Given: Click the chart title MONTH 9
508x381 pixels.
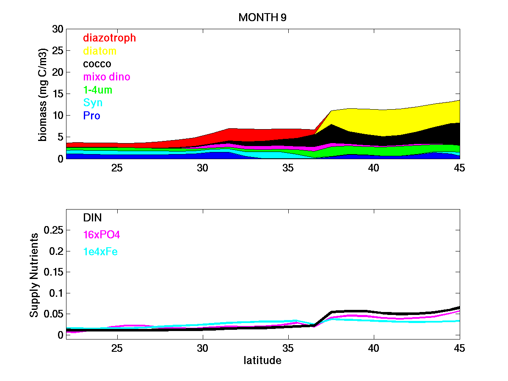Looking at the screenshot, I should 262,17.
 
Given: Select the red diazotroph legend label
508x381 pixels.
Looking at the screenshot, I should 109,38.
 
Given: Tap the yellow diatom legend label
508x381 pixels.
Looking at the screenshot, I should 99,51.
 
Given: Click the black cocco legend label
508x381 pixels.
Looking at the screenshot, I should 97,64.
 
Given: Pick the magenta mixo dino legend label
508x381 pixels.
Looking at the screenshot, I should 107,77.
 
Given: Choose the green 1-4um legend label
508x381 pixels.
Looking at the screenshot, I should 98,90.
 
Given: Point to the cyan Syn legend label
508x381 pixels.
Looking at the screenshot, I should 93,103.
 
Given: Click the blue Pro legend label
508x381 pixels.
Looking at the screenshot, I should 91,116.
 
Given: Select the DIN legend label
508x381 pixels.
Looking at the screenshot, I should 92,218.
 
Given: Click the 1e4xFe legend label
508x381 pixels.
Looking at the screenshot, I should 100,252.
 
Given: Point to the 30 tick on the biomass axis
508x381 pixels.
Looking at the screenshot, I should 58,29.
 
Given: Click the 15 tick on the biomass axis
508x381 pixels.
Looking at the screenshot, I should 58,94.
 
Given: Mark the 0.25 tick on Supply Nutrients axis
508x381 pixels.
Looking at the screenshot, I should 55,230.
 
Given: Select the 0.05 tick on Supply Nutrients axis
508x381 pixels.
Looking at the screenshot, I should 55,314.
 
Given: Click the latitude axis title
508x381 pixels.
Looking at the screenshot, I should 262,361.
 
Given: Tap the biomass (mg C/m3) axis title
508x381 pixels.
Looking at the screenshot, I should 43,94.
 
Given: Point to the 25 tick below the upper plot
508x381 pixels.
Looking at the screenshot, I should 117,168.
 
